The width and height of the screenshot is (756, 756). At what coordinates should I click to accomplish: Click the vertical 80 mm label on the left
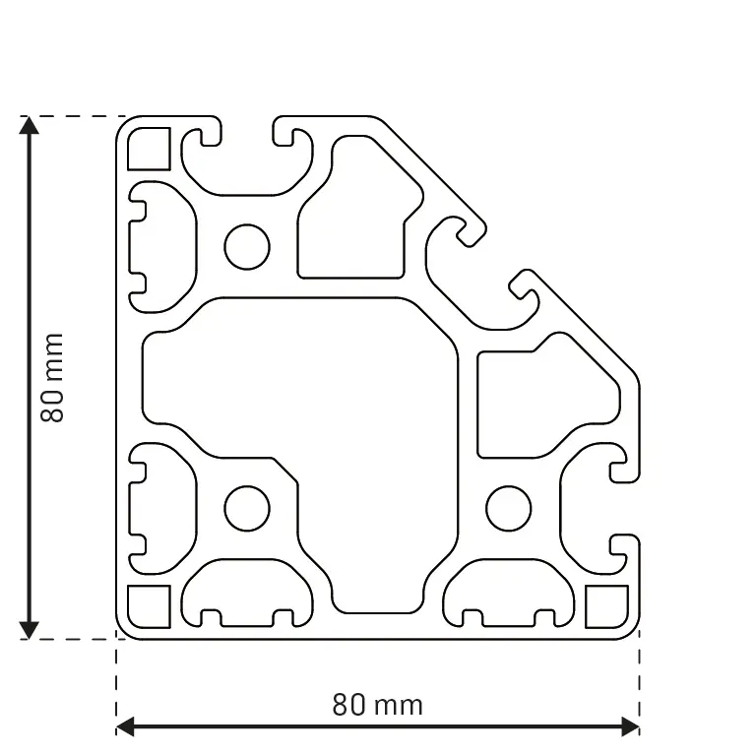52,377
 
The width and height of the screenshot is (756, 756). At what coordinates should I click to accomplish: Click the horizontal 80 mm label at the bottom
377,705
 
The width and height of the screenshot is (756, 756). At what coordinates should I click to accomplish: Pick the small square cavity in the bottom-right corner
606,606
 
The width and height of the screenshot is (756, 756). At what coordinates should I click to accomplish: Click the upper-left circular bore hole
247,246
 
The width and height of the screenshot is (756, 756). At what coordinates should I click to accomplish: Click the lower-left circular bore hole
247,508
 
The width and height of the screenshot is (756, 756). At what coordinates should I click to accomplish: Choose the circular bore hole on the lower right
508,508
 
